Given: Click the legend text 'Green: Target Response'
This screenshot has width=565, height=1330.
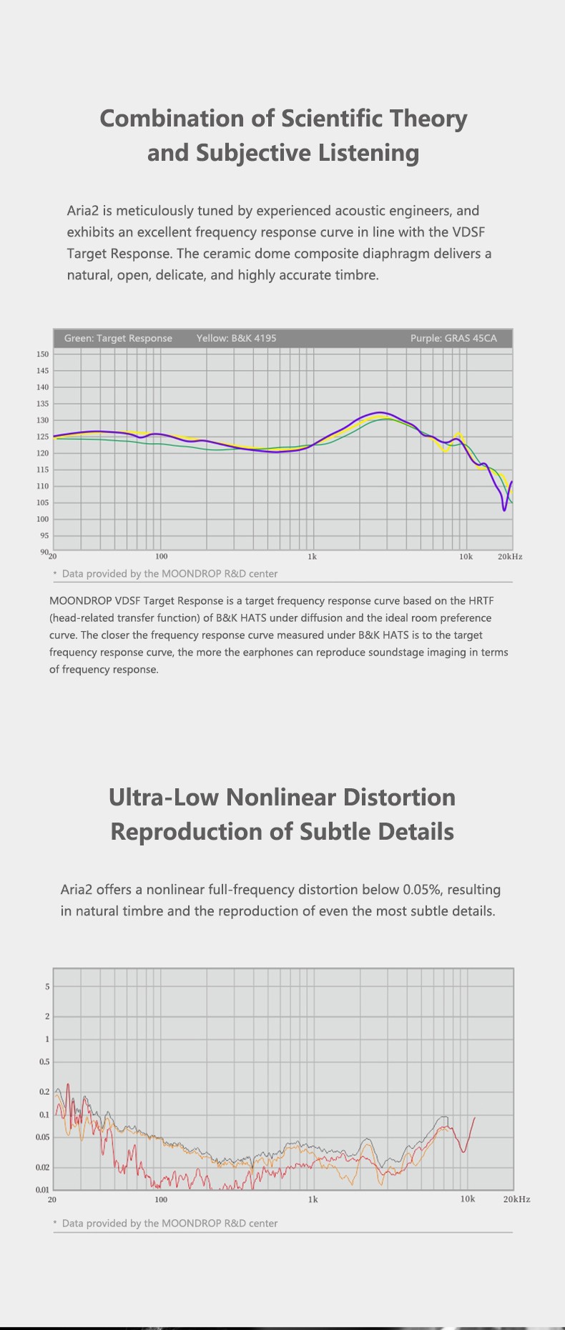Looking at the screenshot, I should (118, 338).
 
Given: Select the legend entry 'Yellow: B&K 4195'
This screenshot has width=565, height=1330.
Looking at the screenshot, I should (236, 338).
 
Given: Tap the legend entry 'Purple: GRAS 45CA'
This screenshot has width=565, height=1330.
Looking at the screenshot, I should (453, 338).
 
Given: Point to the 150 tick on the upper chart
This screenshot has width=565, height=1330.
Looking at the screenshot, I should (42, 354).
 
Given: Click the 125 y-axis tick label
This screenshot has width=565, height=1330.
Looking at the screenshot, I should (42, 437).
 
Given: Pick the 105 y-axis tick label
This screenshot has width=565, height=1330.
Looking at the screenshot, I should (42, 502).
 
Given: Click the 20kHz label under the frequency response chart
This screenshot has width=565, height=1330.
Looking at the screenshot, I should (510, 556).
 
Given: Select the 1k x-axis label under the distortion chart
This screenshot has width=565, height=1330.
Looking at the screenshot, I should (313, 1199).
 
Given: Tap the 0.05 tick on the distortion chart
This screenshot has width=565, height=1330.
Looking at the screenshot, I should (43, 1137).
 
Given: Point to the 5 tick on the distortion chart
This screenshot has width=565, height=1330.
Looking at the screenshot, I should (48, 986).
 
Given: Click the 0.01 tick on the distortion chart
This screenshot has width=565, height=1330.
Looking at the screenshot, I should (43, 1189).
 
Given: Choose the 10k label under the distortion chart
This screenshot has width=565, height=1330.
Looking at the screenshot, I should (467, 1199).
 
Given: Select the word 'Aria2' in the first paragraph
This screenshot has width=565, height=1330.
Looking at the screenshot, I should (83, 211).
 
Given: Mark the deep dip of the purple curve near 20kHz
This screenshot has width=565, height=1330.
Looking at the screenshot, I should (504, 510).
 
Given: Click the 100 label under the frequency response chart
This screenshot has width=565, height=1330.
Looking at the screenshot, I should (161, 556).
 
